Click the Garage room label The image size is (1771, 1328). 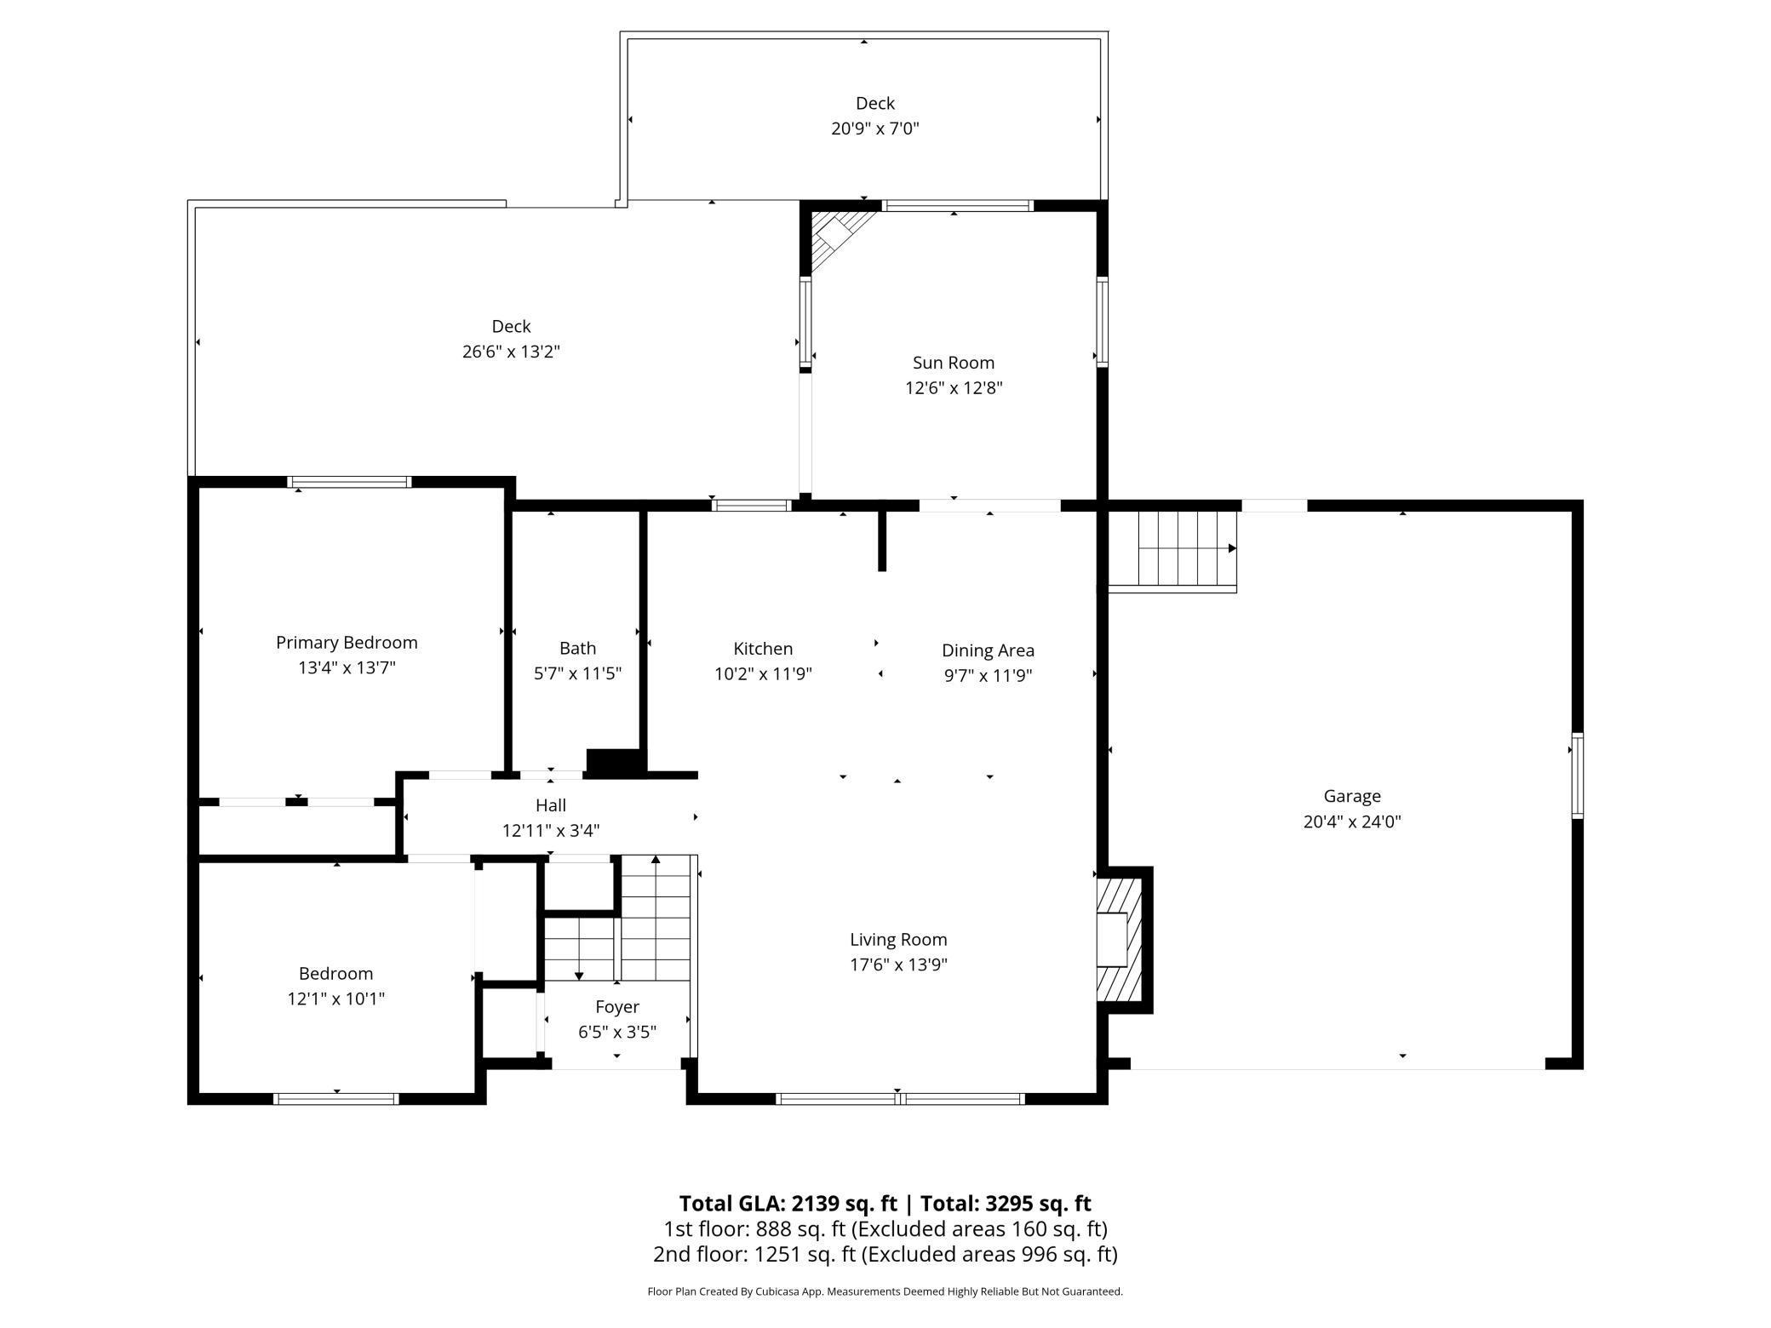pyautogui.click(x=1352, y=796)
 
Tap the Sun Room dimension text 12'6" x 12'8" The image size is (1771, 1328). pyautogui.click(x=954, y=388)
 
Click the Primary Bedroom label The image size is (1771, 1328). pyautogui.click(x=347, y=643)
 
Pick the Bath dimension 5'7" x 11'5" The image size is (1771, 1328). pyautogui.click(x=577, y=673)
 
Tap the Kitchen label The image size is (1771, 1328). pyautogui.click(x=763, y=649)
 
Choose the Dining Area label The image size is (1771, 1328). pyautogui.click(x=988, y=650)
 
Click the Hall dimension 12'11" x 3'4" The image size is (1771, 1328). pyautogui.click(x=551, y=831)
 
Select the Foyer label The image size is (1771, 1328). pyautogui.click(x=617, y=1007)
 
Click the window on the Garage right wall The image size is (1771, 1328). pyautogui.click(x=1577, y=776)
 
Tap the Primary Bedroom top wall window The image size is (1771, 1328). pyautogui.click(x=349, y=482)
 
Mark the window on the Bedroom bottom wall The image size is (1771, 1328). pyautogui.click(x=336, y=1098)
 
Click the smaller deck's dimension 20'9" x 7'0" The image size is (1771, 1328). pyautogui.click(x=875, y=129)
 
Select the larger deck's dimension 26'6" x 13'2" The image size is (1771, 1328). pyautogui.click(x=511, y=352)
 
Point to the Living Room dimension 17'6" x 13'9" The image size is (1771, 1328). pyautogui.click(x=898, y=965)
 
